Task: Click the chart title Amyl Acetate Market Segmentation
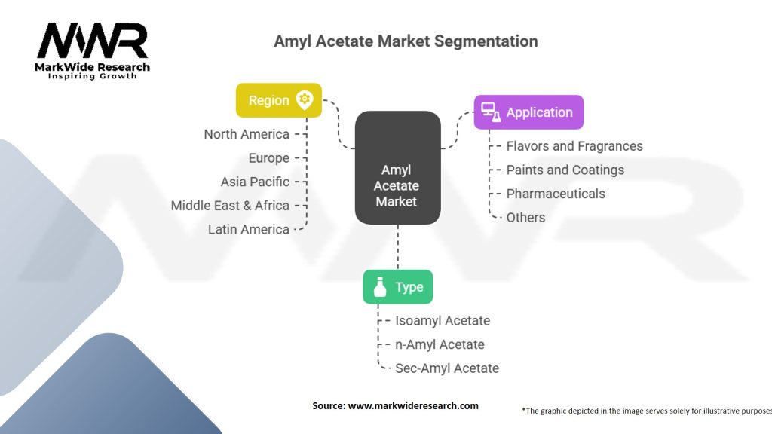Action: [x=406, y=41]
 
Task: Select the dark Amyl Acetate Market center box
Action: [x=398, y=167]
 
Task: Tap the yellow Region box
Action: [x=279, y=100]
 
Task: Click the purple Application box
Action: [x=528, y=112]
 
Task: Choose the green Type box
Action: [x=397, y=287]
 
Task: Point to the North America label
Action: [x=247, y=134]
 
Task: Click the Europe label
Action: [x=269, y=158]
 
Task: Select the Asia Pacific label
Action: [x=255, y=182]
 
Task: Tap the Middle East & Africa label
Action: [x=230, y=205]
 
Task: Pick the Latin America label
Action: [x=249, y=229]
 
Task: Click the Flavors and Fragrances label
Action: [x=574, y=146]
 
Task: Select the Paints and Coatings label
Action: [x=565, y=170]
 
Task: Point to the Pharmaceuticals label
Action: [x=556, y=194]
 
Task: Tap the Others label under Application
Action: [x=525, y=217]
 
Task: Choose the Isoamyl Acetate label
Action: [x=443, y=320]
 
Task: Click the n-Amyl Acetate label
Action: [x=440, y=344]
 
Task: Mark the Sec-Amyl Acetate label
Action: [x=447, y=368]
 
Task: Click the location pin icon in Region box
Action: [x=305, y=99]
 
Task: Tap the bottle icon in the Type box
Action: [x=380, y=287]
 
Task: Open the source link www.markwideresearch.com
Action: [x=413, y=405]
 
